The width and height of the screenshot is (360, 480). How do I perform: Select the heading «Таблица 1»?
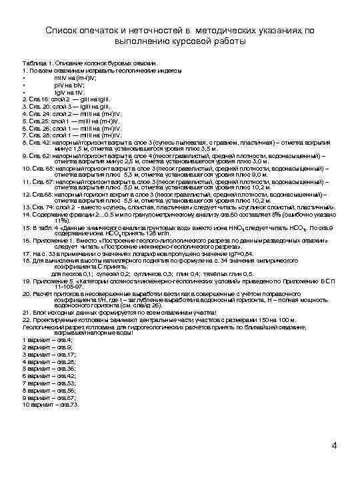[37, 62]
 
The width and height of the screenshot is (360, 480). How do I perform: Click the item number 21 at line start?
[26, 311]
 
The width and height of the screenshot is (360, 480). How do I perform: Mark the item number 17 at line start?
[26, 254]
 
